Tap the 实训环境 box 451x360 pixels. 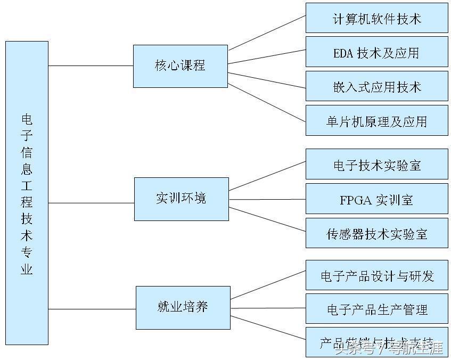[x=181, y=199]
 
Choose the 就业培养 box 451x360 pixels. [x=183, y=307]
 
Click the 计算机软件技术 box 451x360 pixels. [x=376, y=18]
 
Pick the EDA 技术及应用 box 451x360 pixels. [x=376, y=52]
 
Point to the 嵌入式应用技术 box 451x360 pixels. [x=376, y=86]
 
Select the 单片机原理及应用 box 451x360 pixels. [x=376, y=120]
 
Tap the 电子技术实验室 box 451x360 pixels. [x=376, y=165]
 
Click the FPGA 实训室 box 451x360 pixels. [x=376, y=199]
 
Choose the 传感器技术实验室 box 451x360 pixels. [x=376, y=233]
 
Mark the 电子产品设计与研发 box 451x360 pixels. [x=376, y=275]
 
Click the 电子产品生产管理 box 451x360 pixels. [x=376, y=309]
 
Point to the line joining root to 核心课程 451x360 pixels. [x=91, y=66]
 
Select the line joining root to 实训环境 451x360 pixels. [x=91, y=203]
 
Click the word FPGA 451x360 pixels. [x=356, y=200]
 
